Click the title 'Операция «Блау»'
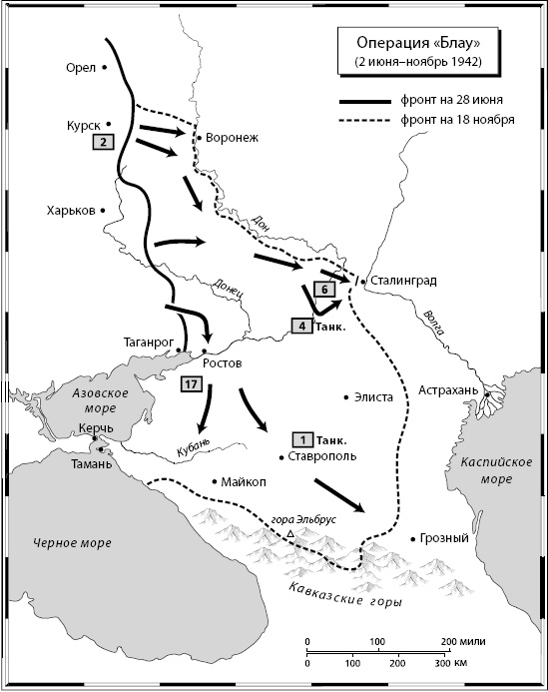pyautogui.click(x=417, y=44)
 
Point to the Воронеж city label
pyautogui.click(x=231, y=139)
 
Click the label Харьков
pyautogui.click(x=70, y=211)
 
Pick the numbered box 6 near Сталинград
pyautogui.click(x=321, y=290)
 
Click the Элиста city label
pyautogui.click(x=374, y=396)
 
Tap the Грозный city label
pyautogui.click(x=445, y=539)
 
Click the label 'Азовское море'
pyautogui.click(x=100, y=401)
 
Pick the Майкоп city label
pyautogui.click(x=246, y=481)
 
